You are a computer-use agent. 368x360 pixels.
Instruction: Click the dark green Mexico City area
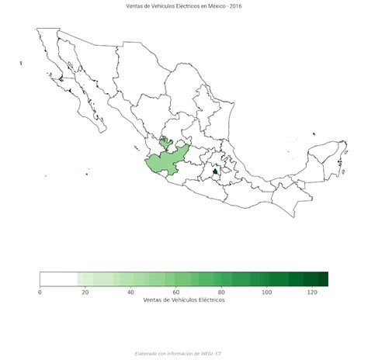pyautogui.click(x=215, y=170)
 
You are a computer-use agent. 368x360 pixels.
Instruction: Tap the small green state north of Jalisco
pyautogui.click(x=165, y=143)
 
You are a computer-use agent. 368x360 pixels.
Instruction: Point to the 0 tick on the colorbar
pyautogui.click(x=40, y=292)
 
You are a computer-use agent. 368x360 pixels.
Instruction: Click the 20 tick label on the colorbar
pyautogui.click(x=85, y=292)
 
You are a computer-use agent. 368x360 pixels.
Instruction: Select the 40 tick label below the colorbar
pyautogui.click(x=130, y=292)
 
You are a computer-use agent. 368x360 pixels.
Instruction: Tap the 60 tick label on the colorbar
pyautogui.click(x=176, y=292)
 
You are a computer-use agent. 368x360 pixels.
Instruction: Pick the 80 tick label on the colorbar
pyautogui.click(x=222, y=292)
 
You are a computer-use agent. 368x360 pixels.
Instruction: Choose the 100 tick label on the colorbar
pyautogui.click(x=267, y=292)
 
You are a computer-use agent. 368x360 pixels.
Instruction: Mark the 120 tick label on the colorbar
pyautogui.click(x=312, y=292)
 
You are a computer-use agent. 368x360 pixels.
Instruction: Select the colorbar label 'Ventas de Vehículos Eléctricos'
pyautogui.click(x=184, y=300)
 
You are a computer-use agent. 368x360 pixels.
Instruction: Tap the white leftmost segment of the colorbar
pyautogui.click(x=58, y=279)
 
